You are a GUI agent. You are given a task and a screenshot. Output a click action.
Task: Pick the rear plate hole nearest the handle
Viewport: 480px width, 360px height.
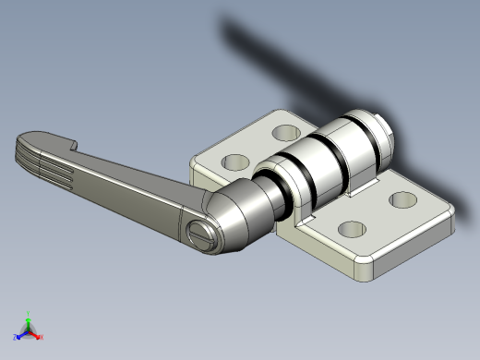236,162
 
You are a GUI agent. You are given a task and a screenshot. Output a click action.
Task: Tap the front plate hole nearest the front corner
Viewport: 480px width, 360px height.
351,230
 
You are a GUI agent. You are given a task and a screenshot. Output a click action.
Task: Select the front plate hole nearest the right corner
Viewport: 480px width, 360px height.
402,198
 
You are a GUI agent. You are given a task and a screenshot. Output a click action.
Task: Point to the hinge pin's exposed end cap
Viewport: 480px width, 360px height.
387,134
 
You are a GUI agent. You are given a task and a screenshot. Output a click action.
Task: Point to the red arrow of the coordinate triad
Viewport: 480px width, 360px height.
36,333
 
